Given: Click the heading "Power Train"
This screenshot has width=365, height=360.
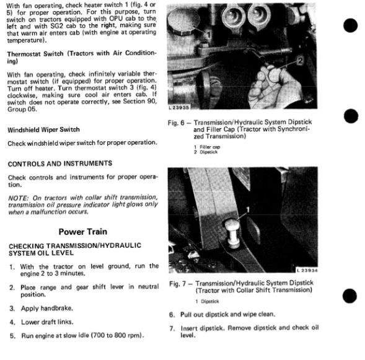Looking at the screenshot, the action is tap(83, 232).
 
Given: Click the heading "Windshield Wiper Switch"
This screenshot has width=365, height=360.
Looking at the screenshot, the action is tap(43, 130).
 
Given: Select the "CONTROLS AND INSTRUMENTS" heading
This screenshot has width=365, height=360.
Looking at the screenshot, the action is tap(60, 164).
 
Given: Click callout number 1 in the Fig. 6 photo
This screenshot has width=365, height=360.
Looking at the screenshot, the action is tap(209, 35).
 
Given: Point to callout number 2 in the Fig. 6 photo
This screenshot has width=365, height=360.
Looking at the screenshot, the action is tap(300, 61).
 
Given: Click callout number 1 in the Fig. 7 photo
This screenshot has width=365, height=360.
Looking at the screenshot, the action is tap(248, 209).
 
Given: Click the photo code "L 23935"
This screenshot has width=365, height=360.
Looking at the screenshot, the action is tap(178, 108).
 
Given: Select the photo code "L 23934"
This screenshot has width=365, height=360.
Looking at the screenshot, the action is tap(307, 270).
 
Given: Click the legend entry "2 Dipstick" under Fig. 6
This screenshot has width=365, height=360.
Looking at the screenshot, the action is tap(206, 152).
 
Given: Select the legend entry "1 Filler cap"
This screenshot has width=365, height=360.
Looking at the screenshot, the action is tap(207, 147).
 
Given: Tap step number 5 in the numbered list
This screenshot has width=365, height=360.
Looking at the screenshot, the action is tap(12, 336).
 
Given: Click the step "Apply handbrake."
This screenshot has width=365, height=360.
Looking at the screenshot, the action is tap(47, 309).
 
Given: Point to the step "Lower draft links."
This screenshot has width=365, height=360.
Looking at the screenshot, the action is tap(47, 322).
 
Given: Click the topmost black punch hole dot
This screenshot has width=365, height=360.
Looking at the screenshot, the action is tap(350, 25).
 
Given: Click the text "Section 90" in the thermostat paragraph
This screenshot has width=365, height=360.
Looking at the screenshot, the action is tap(139, 102).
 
